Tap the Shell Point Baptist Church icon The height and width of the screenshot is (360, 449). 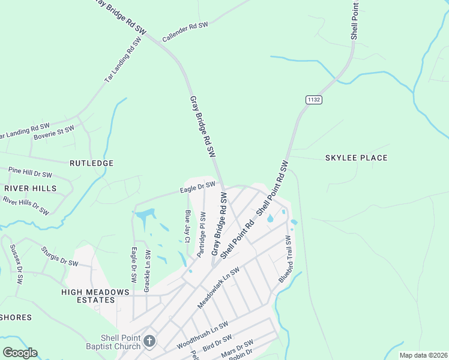[x=149, y=341]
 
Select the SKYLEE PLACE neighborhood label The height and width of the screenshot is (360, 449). [x=356, y=158]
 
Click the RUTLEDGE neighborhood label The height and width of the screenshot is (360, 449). [x=91, y=163]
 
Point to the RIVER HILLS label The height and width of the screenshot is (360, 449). [x=31, y=188]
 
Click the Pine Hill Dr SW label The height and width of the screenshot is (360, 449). [x=30, y=173]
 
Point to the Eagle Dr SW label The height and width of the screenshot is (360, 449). [x=197, y=188]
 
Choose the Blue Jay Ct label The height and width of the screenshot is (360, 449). [x=188, y=226]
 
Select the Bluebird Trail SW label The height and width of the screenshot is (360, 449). [x=283, y=259]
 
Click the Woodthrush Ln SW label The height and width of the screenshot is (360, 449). [x=202, y=336]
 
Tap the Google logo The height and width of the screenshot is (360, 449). [x=20, y=353]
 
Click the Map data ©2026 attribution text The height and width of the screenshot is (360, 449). [x=423, y=355]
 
